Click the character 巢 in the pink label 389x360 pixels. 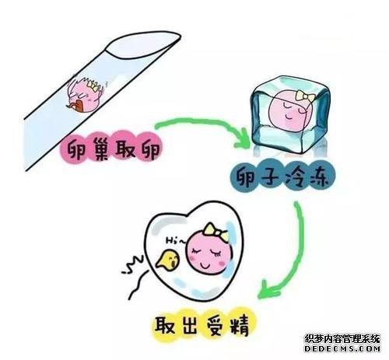[98, 149]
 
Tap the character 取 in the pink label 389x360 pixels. [124, 149]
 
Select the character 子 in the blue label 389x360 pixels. [270, 177]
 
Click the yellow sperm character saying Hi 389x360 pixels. [167, 260]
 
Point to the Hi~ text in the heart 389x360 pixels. [175, 241]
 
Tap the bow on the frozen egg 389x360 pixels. [306, 96]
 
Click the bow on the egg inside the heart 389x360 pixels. [216, 232]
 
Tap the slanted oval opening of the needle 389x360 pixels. [143, 45]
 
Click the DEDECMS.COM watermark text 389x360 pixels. [342, 348]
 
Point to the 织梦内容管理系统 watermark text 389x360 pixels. [342, 339]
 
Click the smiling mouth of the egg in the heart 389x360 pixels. [205, 266]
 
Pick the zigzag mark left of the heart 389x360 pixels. [132, 264]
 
